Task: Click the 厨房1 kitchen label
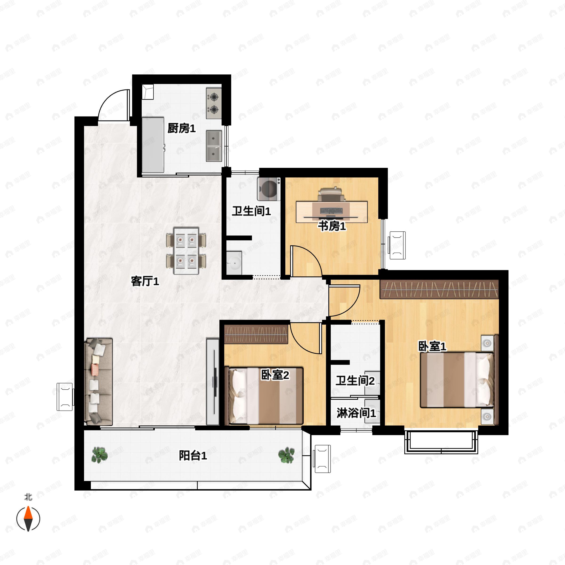[181, 128]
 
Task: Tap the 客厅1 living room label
[145, 281]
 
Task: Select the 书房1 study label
[332, 226]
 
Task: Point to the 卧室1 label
[432, 347]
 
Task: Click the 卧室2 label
[275, 375]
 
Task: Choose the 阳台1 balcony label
[193, 455]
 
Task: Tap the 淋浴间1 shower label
[356, 413]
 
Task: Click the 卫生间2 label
[355, 380]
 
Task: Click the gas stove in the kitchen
[214, 103]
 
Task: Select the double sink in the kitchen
[214, 146]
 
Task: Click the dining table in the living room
[186, 251]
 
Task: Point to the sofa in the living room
[98, 382]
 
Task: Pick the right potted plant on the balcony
[286, 455]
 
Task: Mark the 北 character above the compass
[28, 497]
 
